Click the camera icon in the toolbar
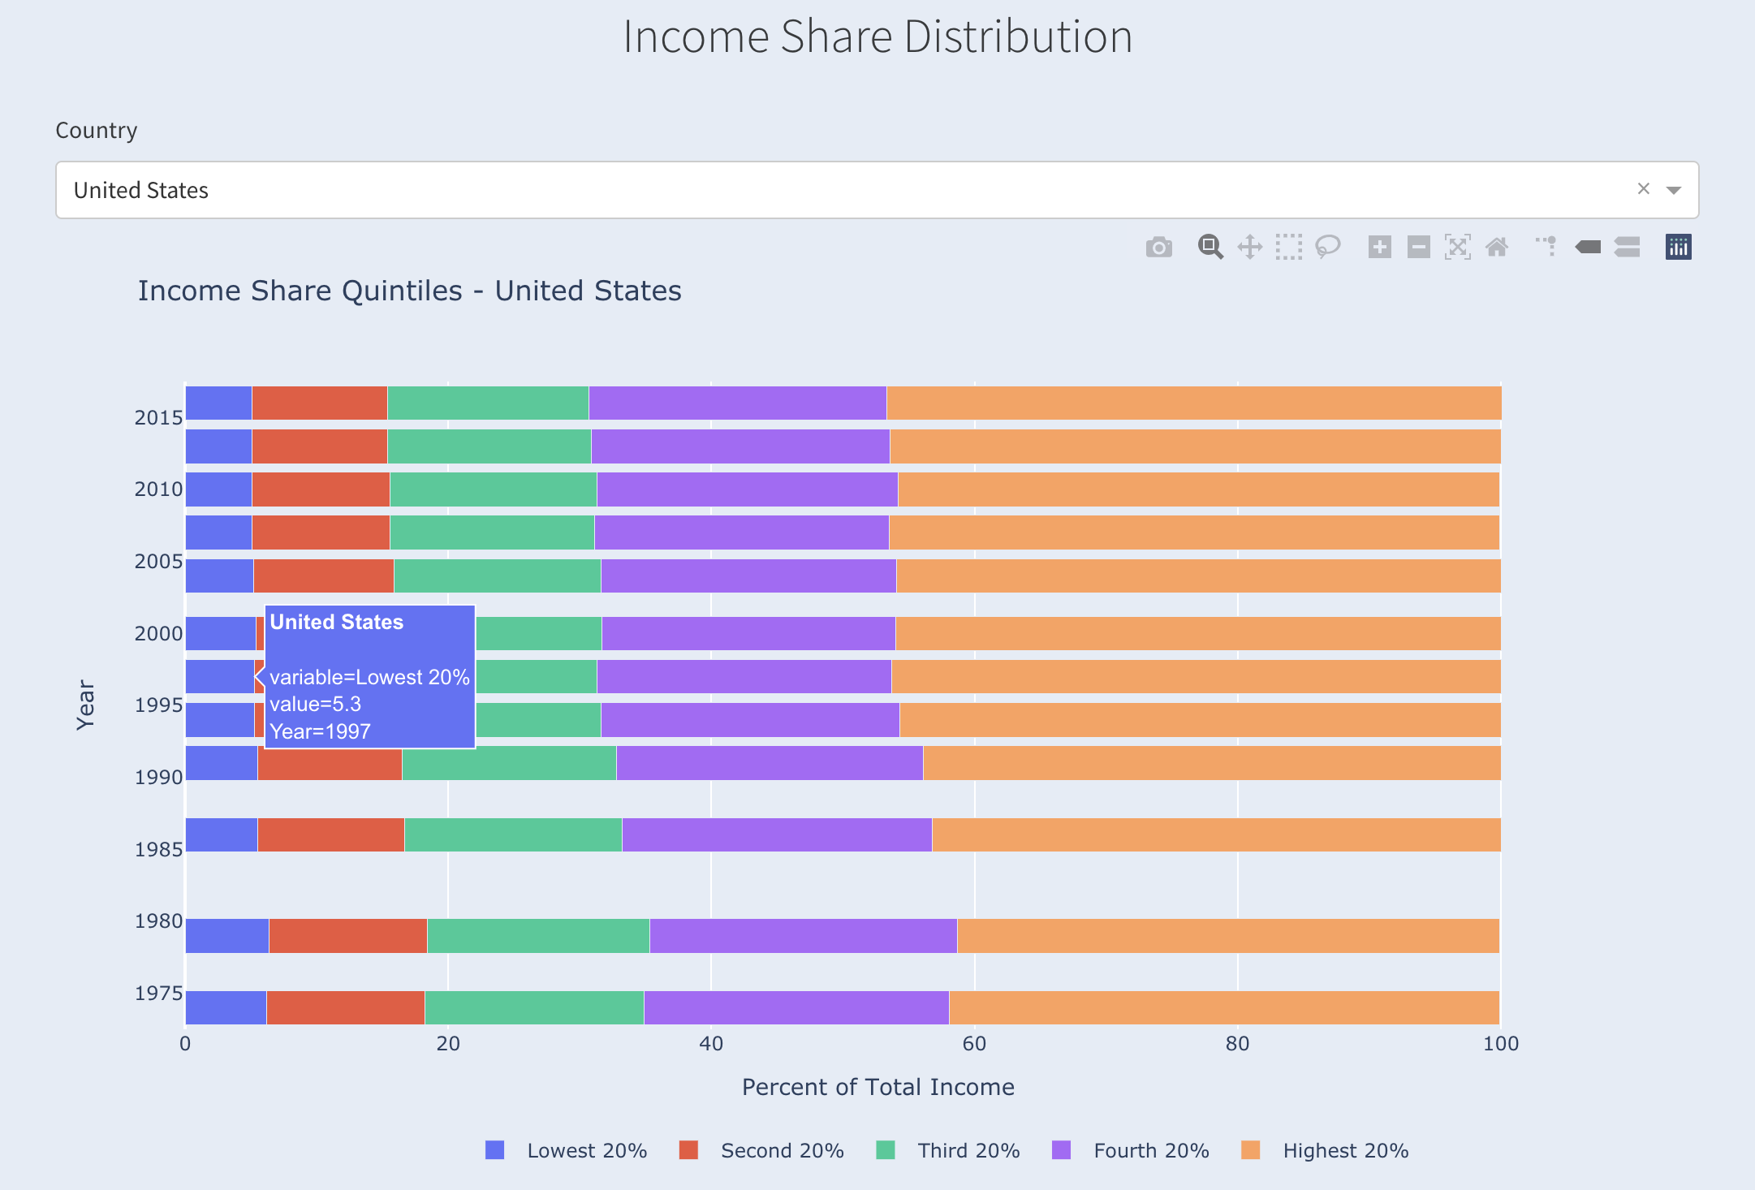pos(1158,247)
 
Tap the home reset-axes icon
pos(1497,247)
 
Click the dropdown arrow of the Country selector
pos(1673,190)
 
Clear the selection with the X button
pos(1643,189)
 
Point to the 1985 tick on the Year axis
pos(158,849)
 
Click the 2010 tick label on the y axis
pos(158,489)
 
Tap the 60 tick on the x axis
pos(974,1044)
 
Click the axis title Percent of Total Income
pos(877,1087)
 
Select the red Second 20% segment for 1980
pos(347,935)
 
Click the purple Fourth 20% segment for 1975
pos(796,1007)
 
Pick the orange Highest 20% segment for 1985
pos(1215,834)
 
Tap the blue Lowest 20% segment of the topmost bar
pos(218,403)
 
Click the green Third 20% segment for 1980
pos(537,935)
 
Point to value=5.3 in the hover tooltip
pos(316,704)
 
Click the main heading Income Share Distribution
pos(877,37)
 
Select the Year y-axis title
pos(85,705)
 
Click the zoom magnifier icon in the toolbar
pos(1210,247)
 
